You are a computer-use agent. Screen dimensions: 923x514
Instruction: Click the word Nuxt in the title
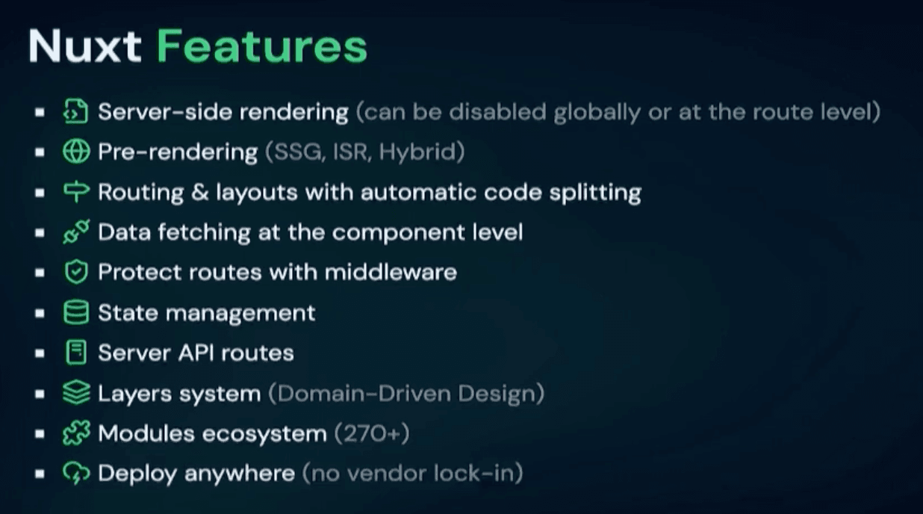(x=85, y=46)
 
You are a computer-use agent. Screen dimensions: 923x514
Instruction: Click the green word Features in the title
(x=262, y=46)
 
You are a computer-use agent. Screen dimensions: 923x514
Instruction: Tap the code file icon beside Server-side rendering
(x=76, y=111)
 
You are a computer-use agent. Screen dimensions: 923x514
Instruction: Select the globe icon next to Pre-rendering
(x=76, y=152)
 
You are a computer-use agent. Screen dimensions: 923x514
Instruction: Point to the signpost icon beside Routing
(x=76, y=191)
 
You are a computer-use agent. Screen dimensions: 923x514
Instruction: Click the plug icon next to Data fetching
(x=76, y=232)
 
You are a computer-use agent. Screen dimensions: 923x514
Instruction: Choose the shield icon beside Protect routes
(x=76, y=272)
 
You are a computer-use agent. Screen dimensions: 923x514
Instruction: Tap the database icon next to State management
(x=76, y=312)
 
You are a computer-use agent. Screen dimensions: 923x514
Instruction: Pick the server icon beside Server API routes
(x=76, y=353)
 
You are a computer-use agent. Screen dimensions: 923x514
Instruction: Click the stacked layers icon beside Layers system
(x=76, y=393)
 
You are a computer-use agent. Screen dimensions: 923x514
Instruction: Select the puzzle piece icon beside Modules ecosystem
(x=76, y=433)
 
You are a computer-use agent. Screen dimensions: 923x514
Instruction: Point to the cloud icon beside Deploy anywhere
(x=76, y=473)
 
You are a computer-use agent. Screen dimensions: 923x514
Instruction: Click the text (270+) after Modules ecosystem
(x=372, y=433)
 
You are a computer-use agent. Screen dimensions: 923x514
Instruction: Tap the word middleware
(x=391, y=272)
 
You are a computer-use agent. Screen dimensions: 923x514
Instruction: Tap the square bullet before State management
(x=40, y=313)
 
